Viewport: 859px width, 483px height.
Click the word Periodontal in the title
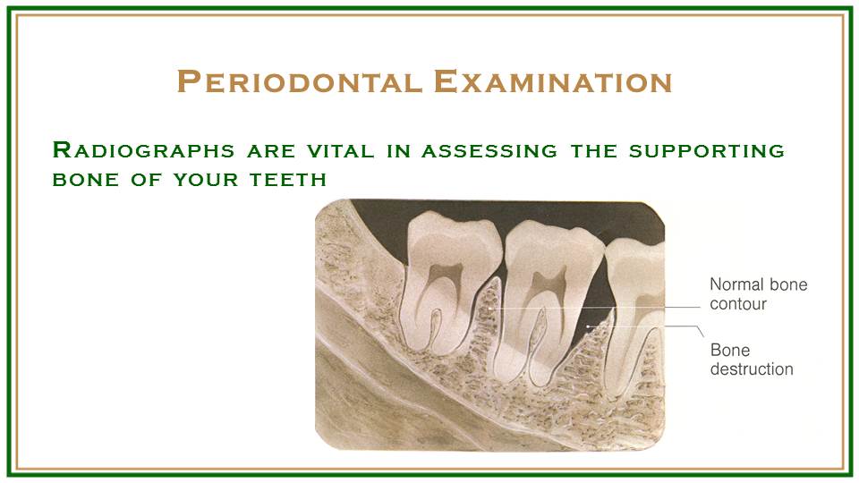click(x=301, y=81)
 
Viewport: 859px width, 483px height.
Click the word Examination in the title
click(x=552, y=81)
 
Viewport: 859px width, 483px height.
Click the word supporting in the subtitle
click(x=706, y=150)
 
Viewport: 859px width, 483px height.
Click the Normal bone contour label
click(x=758, y=294)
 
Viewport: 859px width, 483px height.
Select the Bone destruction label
click(x=752, y=359)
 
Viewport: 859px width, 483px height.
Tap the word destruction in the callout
click(x=752, y=369)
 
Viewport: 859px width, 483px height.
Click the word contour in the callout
click(x=738, y=304)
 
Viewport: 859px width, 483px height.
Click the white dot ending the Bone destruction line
click(x=588, y=327)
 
